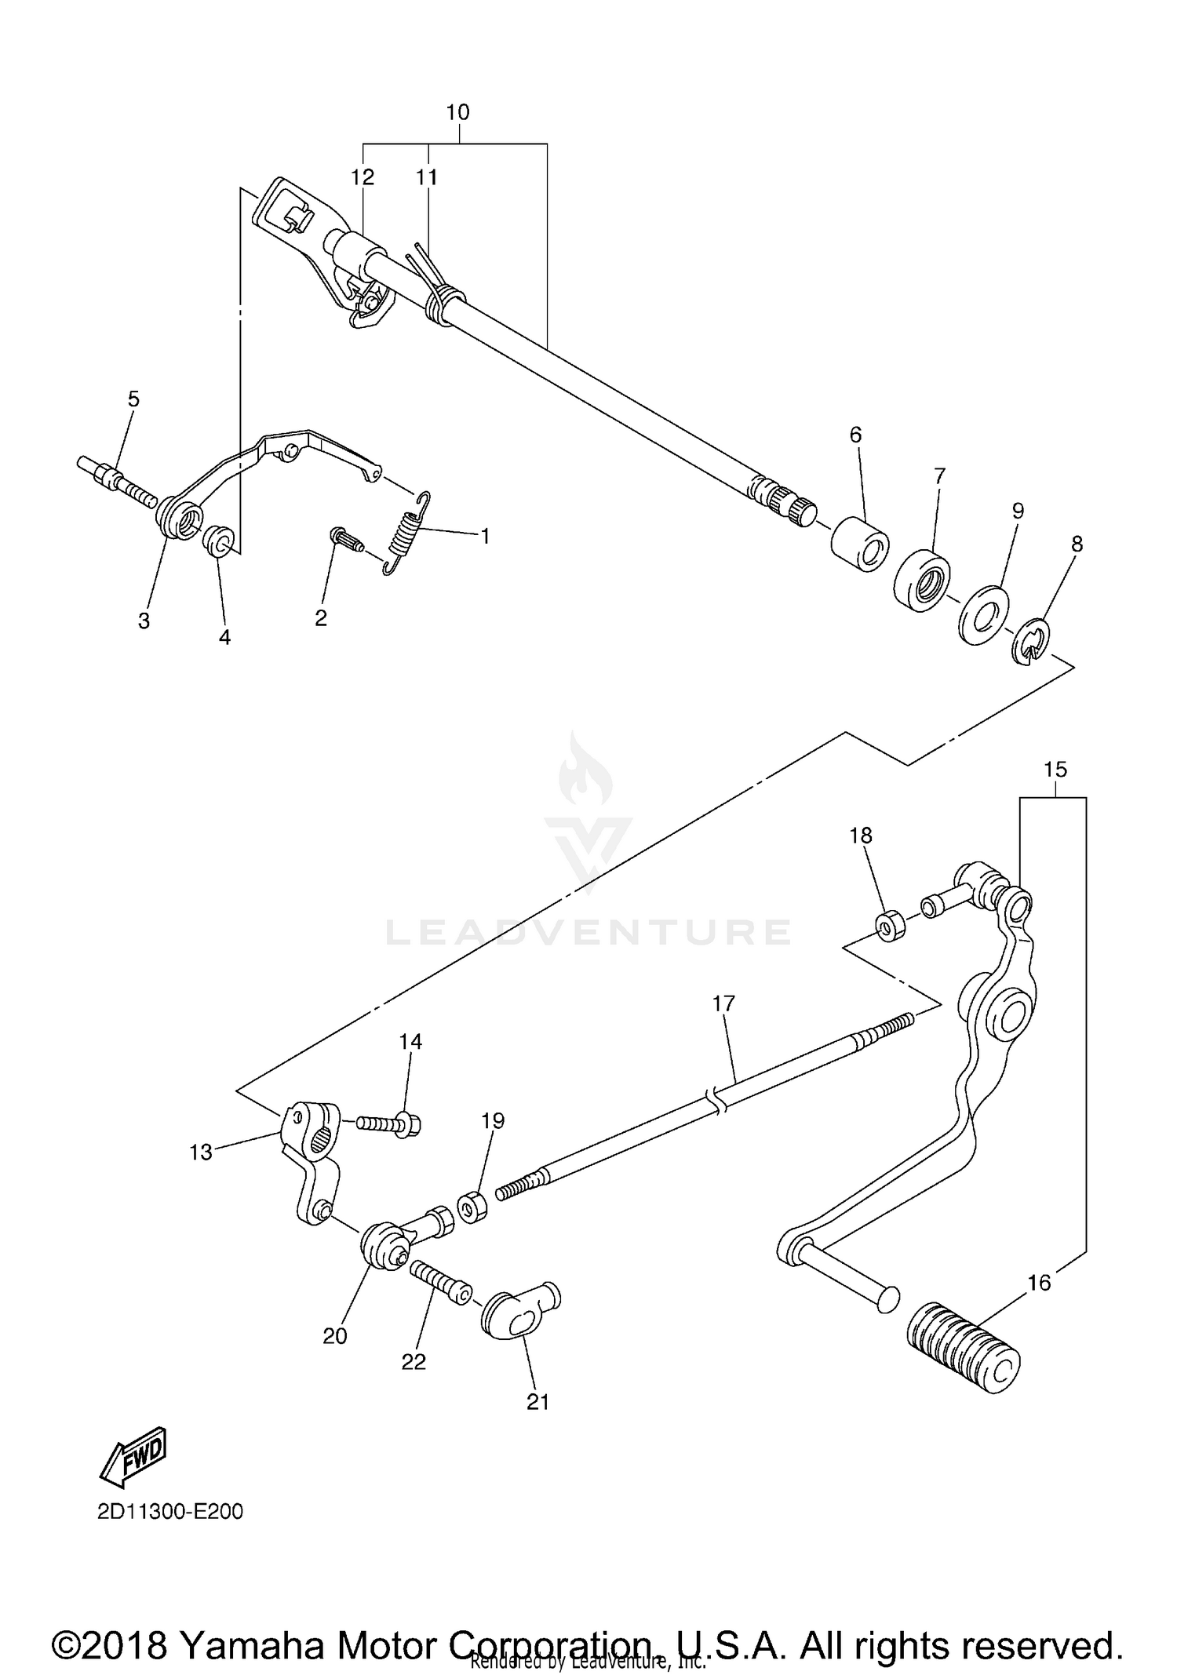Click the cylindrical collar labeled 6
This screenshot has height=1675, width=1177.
click(860, 543)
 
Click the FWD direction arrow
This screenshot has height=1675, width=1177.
click(133, 1458)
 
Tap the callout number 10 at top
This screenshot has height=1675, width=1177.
click(457, 112)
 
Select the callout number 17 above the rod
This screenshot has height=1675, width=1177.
click(723, 1003)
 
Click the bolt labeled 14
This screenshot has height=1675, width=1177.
click(390, 1123)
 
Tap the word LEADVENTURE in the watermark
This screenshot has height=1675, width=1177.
click(588, 932)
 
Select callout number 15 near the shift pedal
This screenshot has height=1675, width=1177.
click(1055, 770)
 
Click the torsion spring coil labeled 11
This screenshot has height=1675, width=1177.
click(446, 305)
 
